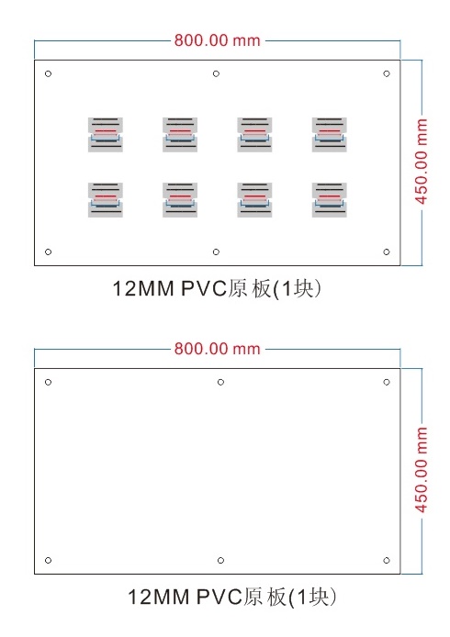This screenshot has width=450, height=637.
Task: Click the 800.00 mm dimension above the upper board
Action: (217, 40)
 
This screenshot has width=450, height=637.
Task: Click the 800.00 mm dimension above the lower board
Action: (217, 349)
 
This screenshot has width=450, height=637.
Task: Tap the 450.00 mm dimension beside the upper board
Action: (422, 162)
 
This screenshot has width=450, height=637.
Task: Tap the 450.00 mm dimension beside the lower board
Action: (422, 470)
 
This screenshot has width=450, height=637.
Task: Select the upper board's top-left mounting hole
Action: (48, 74)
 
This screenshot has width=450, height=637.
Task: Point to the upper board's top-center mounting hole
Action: (216, 74)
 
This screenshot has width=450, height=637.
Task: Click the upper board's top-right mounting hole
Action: (387, 74)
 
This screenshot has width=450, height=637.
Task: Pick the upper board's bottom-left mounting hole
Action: (48, 251)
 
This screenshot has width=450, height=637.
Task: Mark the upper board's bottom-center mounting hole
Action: (216, 251)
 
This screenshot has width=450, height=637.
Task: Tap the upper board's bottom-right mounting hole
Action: (387, 251)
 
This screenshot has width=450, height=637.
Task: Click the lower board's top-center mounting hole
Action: (220, 382)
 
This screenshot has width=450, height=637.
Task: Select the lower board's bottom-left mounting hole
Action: (48, 560)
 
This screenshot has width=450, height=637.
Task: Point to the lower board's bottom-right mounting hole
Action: (387, 560)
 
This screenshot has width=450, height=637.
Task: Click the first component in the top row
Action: (106, 135)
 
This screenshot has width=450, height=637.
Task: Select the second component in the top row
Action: (180, 135)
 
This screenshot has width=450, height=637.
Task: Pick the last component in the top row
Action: (330, 135)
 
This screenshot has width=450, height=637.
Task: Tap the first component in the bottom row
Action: (106, 200)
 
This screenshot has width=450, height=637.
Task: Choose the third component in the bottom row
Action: (254, 200)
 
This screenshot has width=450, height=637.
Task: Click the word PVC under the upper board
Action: (204, 288)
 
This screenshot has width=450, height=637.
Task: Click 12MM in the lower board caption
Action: (159, 597)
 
